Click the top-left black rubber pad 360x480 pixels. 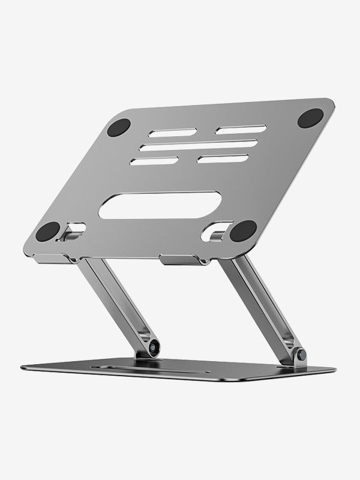[119, 127]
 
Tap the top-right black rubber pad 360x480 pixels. [310, 118]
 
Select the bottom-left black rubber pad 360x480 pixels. [48, 231]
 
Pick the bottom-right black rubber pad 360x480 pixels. [243, 230]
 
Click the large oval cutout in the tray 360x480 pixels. [160, 205]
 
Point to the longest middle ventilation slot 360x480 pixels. [199, 145]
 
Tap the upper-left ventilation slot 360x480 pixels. [173, 133]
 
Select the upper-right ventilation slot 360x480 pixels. [241, 130]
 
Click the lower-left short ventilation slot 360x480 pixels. [154, 161]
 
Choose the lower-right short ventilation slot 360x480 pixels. [223, 159]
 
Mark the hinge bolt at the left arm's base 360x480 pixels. [154, 346]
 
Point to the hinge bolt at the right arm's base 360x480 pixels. [301, 355]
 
